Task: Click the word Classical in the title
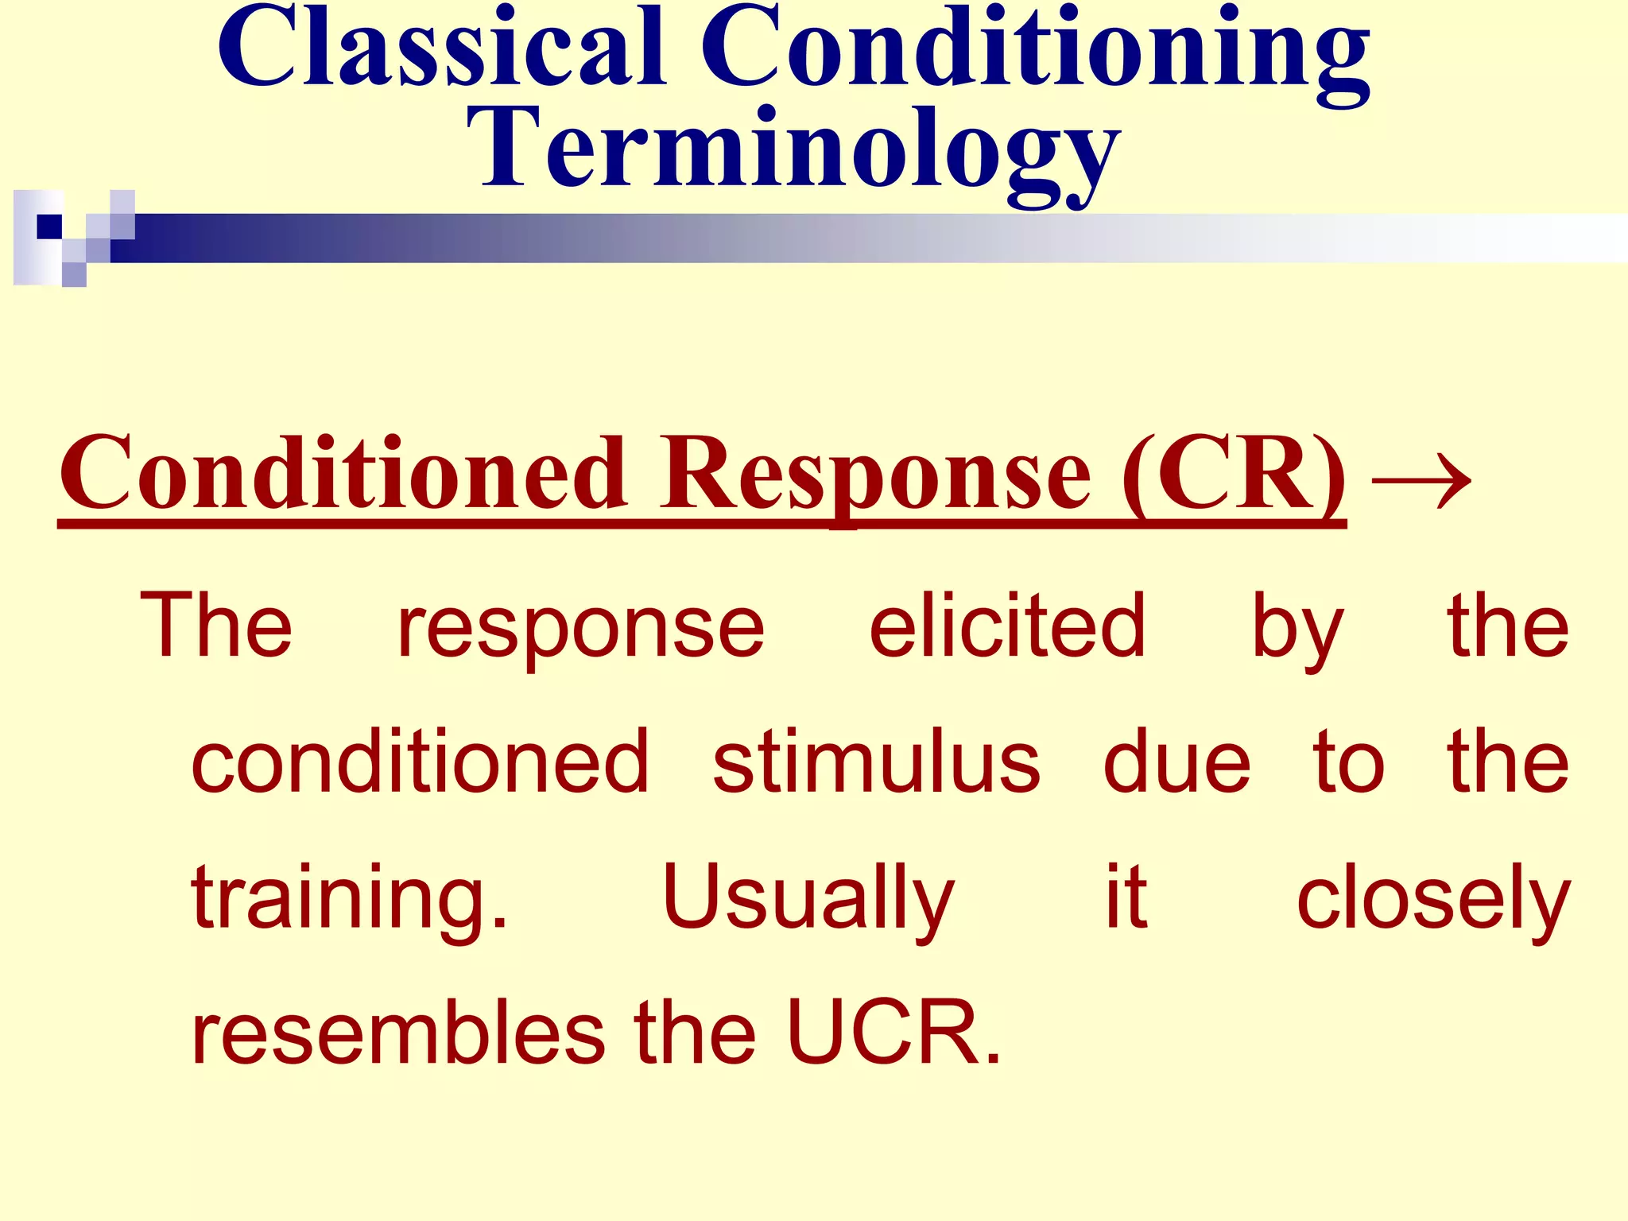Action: tap(442, 49)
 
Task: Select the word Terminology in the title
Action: tap(793, 153)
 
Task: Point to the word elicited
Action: tap(1007, 626)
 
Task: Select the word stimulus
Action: tap(876, 762)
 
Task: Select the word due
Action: tap(1177, 762)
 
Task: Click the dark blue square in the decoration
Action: tap(49, 227)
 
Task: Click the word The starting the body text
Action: tap(216, 626)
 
